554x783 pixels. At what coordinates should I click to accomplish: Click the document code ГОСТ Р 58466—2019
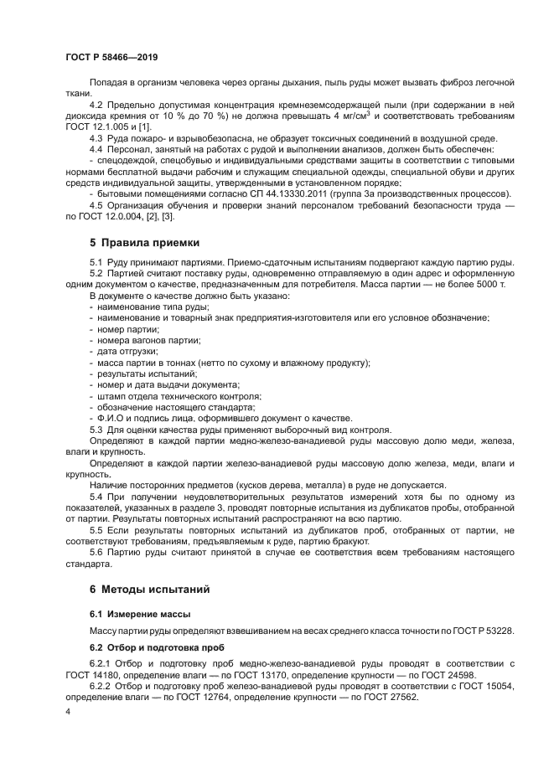111,58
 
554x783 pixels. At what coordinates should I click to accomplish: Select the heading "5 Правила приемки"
144,243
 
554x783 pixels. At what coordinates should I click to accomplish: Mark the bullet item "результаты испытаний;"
137,373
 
